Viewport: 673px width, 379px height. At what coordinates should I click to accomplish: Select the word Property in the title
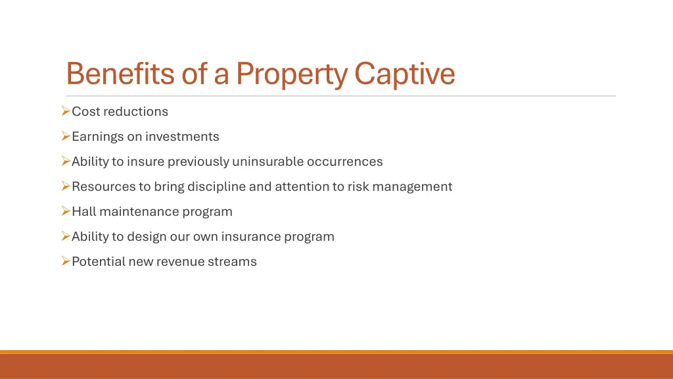[291, 74]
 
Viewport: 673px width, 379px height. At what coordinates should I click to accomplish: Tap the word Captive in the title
[404, 74]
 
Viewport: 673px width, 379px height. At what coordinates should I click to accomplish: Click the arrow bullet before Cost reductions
[66, 111]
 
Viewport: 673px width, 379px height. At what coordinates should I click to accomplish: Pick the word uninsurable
[268, 162]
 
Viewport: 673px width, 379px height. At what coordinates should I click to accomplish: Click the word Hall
[83, 212]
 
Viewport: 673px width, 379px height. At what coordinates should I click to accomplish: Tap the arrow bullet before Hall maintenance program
[66, 211]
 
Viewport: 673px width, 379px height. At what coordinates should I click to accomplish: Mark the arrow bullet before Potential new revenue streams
[66, 261]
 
